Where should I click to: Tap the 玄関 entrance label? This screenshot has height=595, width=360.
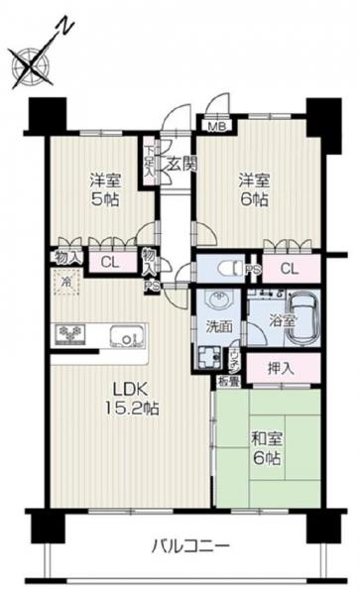pos(180,164)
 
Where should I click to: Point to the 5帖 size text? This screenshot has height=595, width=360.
pos(98,198)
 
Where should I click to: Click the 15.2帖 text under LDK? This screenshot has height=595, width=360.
pos(134,408)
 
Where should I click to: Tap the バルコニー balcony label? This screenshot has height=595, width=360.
pos(191,544)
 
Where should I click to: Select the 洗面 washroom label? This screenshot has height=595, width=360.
pos(220,324)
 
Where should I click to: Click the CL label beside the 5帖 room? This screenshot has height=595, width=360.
pos(110,262)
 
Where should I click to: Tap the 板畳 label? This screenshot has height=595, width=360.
pos(224,379)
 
